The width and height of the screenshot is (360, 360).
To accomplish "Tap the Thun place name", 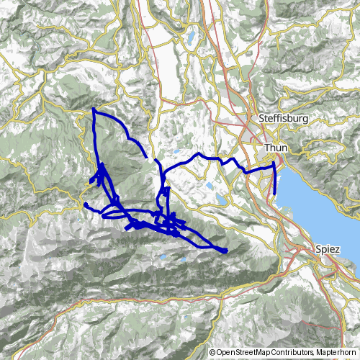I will (276, 148).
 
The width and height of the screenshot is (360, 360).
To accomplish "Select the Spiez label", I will (328, 248).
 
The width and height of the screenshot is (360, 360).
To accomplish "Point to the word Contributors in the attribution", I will (292, 352).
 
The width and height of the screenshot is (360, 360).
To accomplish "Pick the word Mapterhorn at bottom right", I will (336, 352).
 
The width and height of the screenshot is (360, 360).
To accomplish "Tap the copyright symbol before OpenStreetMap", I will (212, 352).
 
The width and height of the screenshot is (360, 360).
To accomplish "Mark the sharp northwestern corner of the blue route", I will (94, 110).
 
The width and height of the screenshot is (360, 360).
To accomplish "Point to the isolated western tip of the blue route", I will (85, 204).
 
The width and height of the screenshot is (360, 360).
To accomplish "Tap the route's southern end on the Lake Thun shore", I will (275, 194).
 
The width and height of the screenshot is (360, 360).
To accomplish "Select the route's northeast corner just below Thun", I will (274, 165).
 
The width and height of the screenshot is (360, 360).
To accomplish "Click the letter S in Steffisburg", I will (261, 117).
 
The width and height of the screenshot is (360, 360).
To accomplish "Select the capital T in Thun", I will (267, 148).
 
